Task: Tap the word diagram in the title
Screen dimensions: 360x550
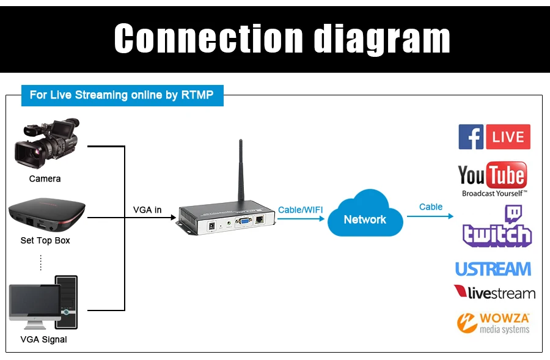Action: pyautogui.click(x=382, y=39)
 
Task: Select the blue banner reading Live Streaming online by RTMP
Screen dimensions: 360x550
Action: pyautogui.click(x=122, y=95)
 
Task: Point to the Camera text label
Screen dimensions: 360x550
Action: pyautogui.click(x=45, y=179)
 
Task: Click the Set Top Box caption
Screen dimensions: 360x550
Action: pyautogui.click(x=45, y=241)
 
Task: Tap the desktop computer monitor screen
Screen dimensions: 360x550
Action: pyautogui.click(x=34, y=300)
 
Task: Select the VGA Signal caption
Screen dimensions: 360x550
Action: pyautogui.click(x=44, y=339)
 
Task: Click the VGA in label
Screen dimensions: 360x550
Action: pyautogui.click(x=147, y=210)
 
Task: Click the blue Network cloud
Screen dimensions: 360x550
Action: pyautogui.click(x=365, y=215)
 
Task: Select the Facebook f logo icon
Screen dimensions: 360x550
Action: pyautogui.click(x=471, y=137)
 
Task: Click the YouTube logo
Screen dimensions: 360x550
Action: pyautogui.click(x=492, y=176)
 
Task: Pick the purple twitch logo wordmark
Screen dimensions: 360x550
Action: pyautogui.click(x=497, y=234)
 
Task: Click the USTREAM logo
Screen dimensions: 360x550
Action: pyautogui.click(x=493, y=269)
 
